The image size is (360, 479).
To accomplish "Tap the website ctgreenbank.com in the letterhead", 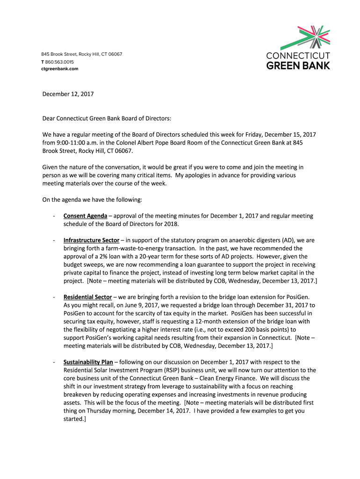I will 59,69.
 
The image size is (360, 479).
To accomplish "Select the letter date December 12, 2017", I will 68,94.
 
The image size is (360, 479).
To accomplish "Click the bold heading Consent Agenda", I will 85,216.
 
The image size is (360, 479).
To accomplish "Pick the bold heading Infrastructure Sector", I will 91,240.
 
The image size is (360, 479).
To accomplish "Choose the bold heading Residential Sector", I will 87,297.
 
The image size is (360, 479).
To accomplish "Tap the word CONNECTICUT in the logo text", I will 298,56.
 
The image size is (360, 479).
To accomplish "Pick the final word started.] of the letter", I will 75,419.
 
